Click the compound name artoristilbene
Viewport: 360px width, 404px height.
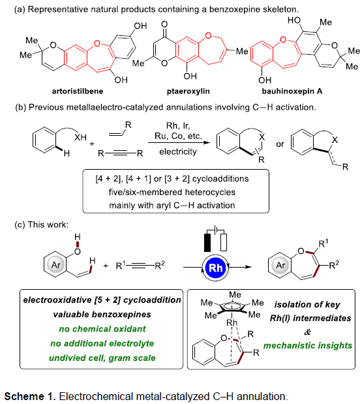click(x=78, y=91)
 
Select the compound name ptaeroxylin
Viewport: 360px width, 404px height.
click(x=188, y=91)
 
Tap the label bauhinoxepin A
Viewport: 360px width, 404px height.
click(x=292, y=91)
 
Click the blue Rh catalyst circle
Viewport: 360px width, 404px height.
click(x=215, y=268)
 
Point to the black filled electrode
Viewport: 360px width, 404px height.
click(x=207, y=242)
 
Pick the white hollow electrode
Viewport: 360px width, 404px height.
click(x=224, y=242)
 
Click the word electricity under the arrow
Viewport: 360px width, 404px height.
click(x=178, y=151)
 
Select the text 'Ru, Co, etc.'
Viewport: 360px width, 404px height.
click(x=178, y=136)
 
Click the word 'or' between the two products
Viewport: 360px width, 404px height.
click(x=280, y=144)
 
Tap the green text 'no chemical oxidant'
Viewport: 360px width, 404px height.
click(x=102, y=329)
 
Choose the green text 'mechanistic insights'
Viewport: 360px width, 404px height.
click(x=308, y=345)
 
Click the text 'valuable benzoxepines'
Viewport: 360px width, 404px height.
click(x=102, y=315)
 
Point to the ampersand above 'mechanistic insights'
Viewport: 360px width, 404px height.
click(x=308, y=332)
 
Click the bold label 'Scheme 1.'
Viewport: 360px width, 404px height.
click(x=30, y=396)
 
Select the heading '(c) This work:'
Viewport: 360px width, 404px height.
click(x=42, y=225)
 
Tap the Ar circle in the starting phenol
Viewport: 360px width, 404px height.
click(x=56, y=265)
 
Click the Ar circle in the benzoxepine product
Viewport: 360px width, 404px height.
click(x=280, y=265)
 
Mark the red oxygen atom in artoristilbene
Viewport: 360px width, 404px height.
click(x=97, y=43)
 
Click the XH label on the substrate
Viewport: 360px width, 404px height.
click(x=80, y=137)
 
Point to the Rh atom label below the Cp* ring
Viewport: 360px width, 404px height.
click(x=232, y=322)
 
